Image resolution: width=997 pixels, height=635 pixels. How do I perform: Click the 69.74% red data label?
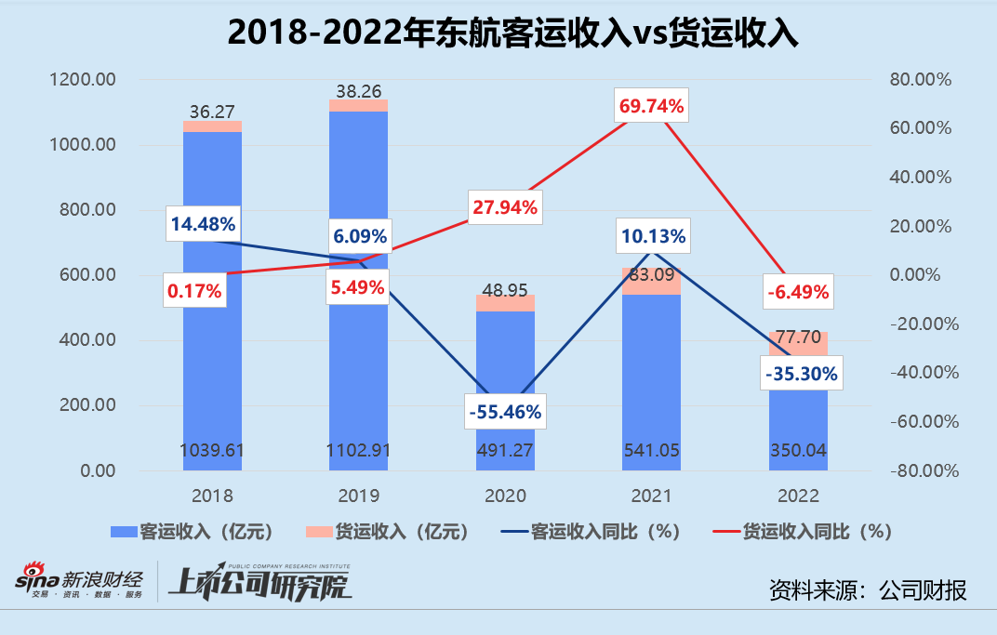pos(651,107)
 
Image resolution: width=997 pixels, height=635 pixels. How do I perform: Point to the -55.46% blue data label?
pos(505,411)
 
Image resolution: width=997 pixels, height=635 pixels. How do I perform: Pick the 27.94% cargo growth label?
pos(505,207)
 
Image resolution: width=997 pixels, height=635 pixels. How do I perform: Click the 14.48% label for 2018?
pos(202,224)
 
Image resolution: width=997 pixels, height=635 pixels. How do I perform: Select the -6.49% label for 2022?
pos(797,293)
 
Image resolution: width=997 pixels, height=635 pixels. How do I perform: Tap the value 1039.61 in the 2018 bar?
pos(212,451)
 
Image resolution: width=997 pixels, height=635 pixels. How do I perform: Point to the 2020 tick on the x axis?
pos(505,496)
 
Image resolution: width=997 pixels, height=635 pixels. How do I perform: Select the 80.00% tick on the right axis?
pos(920,80)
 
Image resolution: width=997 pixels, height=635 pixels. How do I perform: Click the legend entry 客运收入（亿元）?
pos(192,532)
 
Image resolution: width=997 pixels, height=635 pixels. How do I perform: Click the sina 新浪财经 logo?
pos(78,581)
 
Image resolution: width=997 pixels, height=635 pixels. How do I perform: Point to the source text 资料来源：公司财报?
pos(868,589)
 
